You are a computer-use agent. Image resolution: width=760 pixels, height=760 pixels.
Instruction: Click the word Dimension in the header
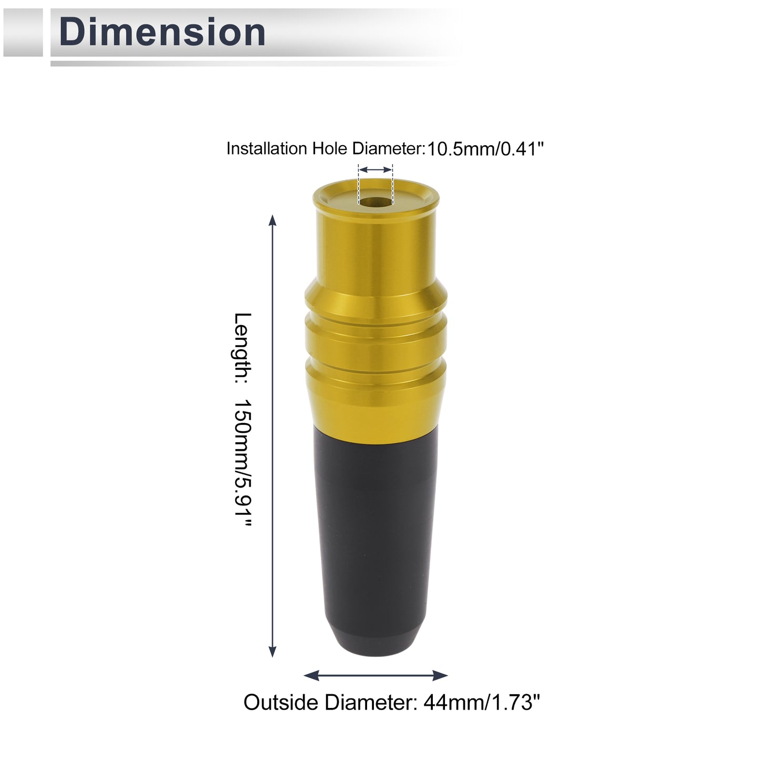point(162,32)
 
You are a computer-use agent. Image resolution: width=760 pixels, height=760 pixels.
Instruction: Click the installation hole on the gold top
point(376,201)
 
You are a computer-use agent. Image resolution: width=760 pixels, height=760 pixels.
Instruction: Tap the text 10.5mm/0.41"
point(485,149)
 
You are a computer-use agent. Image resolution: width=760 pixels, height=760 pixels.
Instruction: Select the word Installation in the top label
point(267,148)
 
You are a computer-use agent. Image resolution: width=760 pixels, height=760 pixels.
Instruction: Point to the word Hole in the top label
point(331,148)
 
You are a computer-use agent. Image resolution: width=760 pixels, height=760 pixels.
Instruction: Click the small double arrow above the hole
point(376,169)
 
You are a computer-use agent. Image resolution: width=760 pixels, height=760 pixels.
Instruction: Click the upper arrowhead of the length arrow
point(272,221)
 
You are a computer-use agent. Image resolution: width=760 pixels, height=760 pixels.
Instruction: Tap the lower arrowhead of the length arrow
point(272,585)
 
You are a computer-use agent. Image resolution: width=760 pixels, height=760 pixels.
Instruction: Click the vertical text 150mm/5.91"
point(242,463)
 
